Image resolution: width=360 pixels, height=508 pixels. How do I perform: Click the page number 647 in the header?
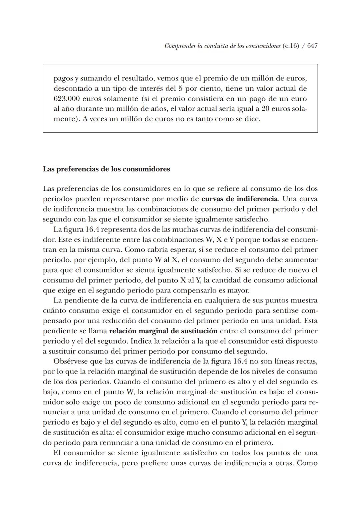[312, 46]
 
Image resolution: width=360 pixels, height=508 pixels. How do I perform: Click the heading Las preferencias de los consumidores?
[106, 169]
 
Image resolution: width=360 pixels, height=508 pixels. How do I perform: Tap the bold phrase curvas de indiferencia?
[240, 199]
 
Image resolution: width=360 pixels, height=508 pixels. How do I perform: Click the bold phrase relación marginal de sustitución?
[163, 331]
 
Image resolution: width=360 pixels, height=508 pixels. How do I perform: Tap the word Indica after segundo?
[140, 341]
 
